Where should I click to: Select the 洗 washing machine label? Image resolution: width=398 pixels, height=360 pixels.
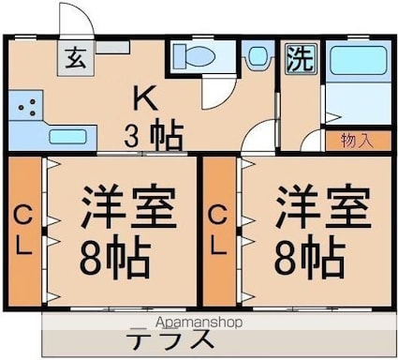[x=300, y=59]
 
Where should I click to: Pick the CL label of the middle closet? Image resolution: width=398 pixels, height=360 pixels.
[x=217, y=231]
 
